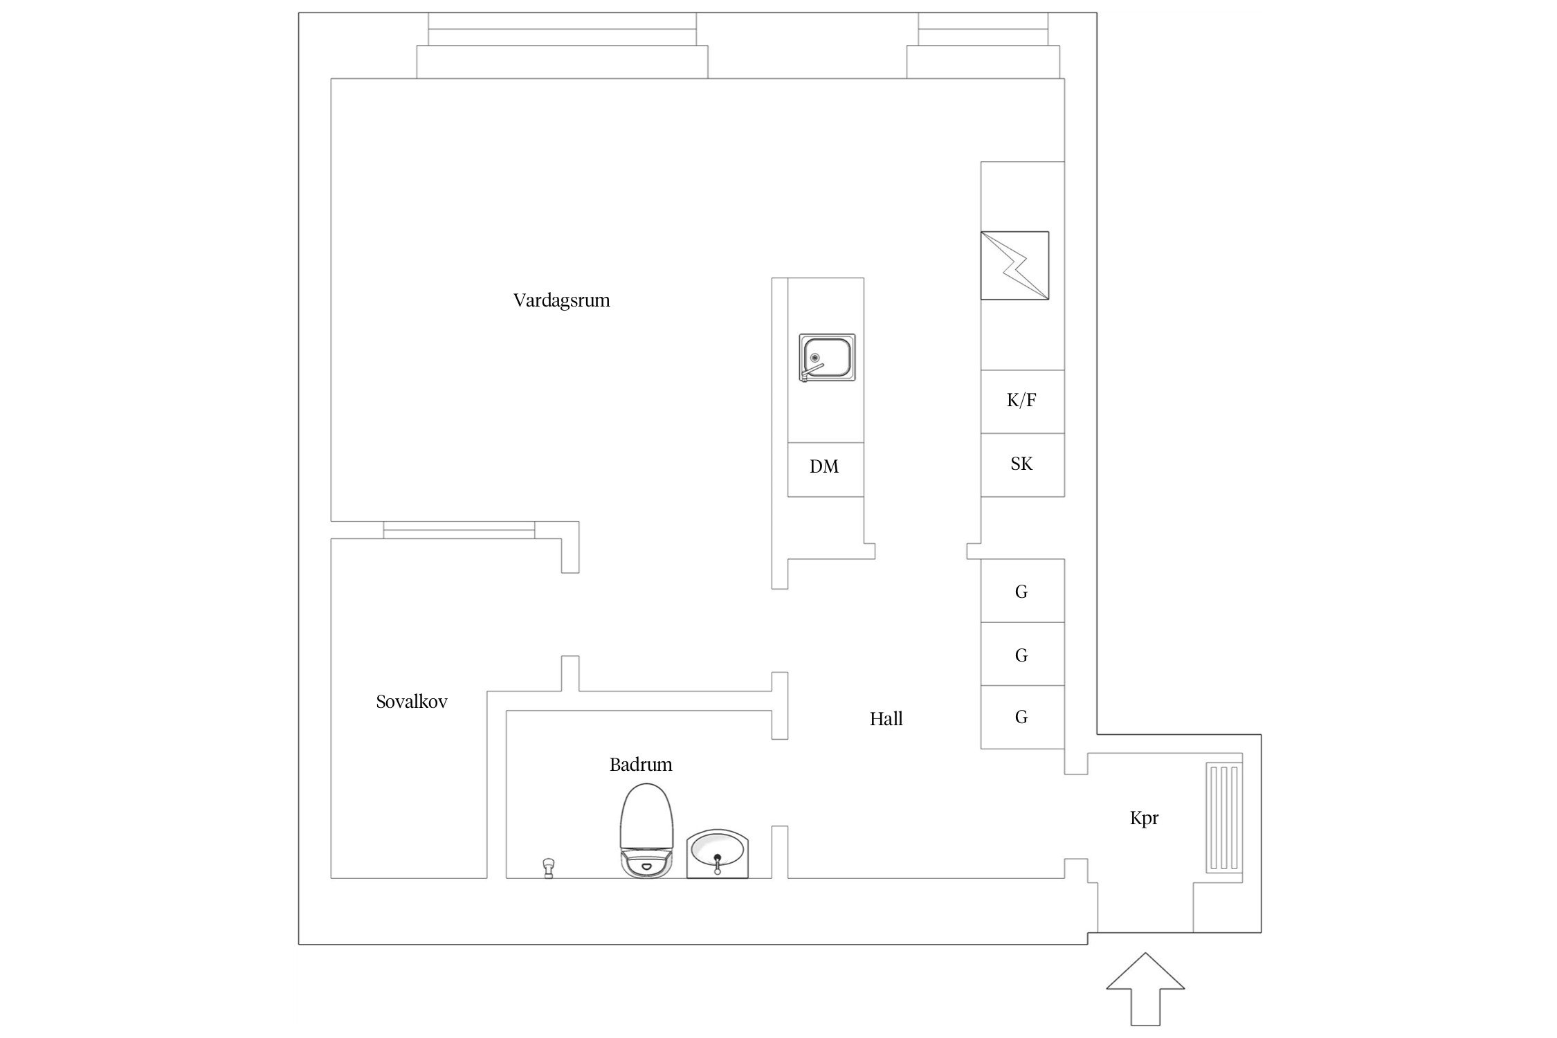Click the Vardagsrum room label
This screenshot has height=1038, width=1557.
[x=561, y=300]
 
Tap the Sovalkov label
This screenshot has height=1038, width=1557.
[x=412, y=702]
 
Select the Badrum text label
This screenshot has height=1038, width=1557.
[x=641, y=765]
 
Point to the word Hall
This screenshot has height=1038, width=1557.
[x=886, y=719]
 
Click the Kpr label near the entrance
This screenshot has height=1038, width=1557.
[x=1144, y=819]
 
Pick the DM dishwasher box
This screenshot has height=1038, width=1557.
[x=826, y=469]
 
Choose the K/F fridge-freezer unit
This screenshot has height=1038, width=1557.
[x=1022, y=401]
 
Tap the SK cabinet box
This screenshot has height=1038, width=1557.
[x=1022, y=465]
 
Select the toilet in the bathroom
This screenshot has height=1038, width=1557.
[x=646, y=830]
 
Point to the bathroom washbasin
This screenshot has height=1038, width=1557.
[x=718, y=854]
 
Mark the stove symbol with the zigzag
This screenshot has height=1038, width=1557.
[x=1014, y=265]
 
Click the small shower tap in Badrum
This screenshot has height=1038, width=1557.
[x=549, y=868]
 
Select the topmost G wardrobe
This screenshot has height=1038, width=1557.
[x=1022, y=590]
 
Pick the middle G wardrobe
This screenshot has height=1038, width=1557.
[x=1022, y=654]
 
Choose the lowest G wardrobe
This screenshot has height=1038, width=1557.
[x=1022, y=718]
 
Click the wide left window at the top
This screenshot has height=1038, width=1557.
[x=562, y=46]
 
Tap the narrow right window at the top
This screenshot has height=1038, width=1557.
[x=983, y=46]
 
